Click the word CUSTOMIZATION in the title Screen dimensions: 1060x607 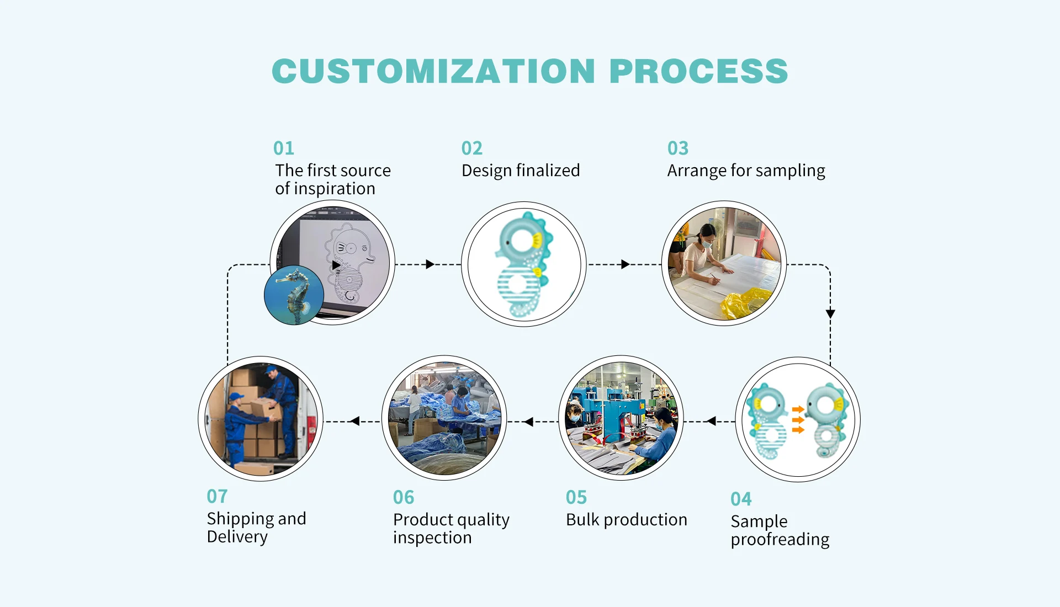click(x=433, y=71)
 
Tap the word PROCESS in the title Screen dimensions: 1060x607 click(x=699, y=71)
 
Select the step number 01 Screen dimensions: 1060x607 click(x=284, y=148)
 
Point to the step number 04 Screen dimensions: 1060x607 click(x=741, y=499)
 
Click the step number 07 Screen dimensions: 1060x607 click(x=217, y=496)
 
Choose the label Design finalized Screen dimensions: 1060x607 click(x=521, y=171)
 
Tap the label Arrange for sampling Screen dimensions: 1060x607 click(x=746, y=171)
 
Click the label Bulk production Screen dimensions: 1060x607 click(x=627, y=520)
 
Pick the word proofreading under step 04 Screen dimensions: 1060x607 click(x=780, y=540)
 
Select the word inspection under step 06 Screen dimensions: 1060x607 click(x=432, y=538)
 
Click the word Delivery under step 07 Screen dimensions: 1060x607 click(x=237, y=537)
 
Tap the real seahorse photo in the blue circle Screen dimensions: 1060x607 click(x=294, y=295)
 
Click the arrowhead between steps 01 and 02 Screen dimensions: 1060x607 click(x=430, y=264)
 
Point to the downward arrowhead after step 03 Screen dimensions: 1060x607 click(x=830, y=314)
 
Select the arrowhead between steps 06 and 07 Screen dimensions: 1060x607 click(x=355, y=421)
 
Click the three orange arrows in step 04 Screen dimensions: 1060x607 click(x=798, y=420)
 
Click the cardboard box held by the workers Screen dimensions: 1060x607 click(x=265, y=409)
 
